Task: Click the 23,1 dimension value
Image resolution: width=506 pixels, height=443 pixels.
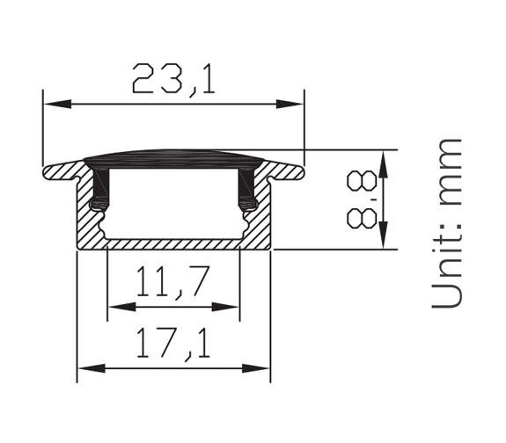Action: (173, 79)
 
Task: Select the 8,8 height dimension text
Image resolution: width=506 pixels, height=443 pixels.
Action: (362, 200)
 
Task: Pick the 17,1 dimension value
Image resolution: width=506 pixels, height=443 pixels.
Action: (173, 344)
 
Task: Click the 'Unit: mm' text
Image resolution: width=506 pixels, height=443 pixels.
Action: (447, 223)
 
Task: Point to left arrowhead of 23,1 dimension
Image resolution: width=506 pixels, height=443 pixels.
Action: (57, 104)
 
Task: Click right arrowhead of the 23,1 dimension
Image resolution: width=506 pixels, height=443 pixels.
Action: (290, 104)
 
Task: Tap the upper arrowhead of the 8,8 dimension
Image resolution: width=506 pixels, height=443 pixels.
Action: (383, 164)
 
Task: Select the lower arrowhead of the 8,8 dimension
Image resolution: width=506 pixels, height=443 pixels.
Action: (383, 235)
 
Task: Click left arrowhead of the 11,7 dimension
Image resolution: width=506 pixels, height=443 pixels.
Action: (121, 307)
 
